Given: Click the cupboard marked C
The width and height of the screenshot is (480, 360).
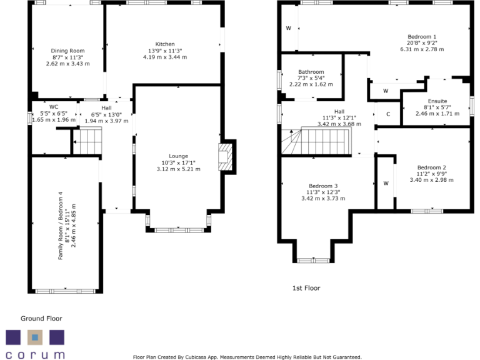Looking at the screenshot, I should pyautogui.click(x=388, y=114).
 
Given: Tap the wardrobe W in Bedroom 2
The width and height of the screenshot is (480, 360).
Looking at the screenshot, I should pyautogui.click(x=386, y=183).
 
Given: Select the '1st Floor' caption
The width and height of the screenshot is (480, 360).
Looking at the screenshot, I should pyautogui.click(x=306, y=288).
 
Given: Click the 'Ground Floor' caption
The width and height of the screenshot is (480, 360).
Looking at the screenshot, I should pyautogui.click(x=41, y=318).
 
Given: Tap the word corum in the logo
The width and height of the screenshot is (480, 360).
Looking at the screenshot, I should pyautogui.click(x=35, y=354).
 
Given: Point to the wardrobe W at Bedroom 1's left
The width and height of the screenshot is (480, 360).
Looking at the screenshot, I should pyautogui.click(x=289, y=28).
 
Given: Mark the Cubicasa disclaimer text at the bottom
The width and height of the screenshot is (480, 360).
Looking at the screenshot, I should pyautogui.click(x=247, y=357).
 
